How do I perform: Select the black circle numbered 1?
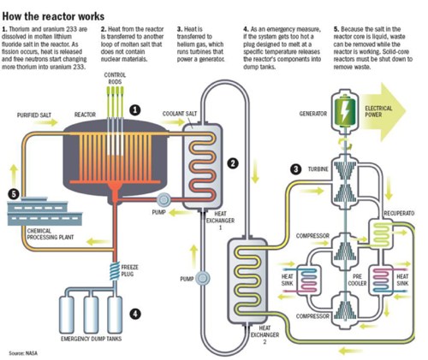134,133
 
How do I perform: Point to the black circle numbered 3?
294,169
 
